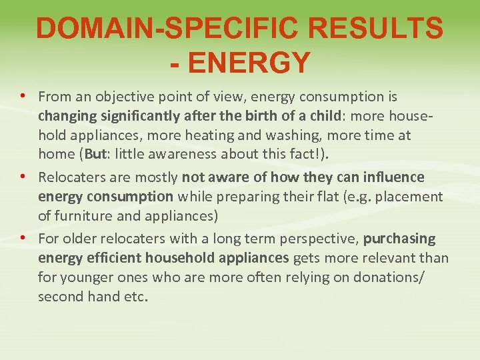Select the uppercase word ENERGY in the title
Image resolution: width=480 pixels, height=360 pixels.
tap(249, 63)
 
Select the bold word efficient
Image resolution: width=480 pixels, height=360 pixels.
tap(114, 257)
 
